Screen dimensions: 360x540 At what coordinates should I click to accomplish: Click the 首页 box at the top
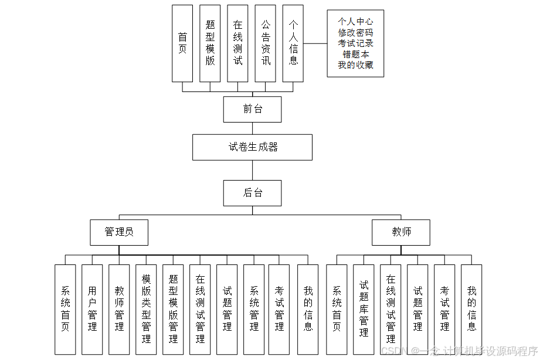tap(182, 43)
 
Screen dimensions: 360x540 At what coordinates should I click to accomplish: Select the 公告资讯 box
tap(265, 43)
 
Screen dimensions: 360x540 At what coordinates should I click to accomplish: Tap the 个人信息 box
tap(293, 43)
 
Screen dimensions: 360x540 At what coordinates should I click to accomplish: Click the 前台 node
tap(252, 109)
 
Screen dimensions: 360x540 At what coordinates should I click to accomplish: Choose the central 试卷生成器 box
tap(252, 147)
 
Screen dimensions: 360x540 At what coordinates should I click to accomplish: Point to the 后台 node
tap(252, 193)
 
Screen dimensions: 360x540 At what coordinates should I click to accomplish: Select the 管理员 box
tap(119, 232)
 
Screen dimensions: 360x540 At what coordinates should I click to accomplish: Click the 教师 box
tap(401, 232)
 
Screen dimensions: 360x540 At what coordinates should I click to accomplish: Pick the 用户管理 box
tap(92, 309)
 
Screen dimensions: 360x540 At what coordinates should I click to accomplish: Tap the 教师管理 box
tap(119, 309)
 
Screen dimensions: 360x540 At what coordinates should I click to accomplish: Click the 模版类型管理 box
tap(146, 309)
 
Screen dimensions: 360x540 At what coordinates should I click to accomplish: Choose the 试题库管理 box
tap(364, 309)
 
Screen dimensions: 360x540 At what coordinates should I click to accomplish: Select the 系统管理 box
tap(254, 309)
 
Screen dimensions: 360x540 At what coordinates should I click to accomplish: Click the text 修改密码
tap(355, 33)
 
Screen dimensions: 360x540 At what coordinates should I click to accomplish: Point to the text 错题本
tap(355, 54)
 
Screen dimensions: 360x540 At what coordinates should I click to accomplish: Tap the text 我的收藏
tap(355, 65)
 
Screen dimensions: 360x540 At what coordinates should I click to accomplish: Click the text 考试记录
tap(355, 43)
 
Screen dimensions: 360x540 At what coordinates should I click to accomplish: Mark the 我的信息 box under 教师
tap(471, 309)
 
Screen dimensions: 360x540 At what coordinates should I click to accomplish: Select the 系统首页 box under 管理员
tap(65, 309)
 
